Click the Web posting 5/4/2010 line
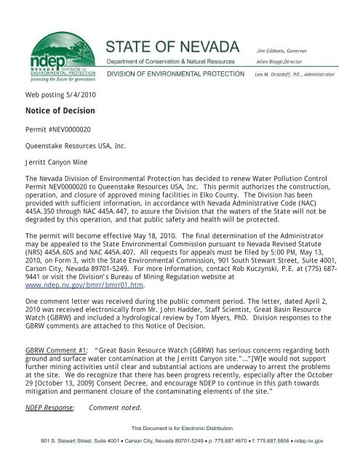(x=56, y=95)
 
